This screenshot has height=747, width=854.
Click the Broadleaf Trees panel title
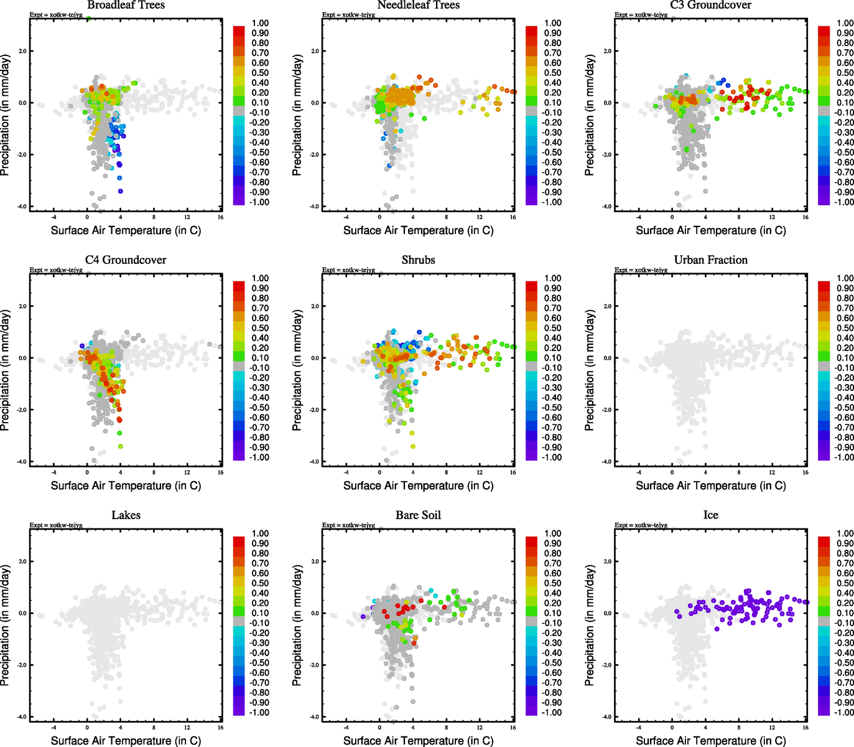(126, 5)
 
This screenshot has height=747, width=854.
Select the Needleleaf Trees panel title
(418, 5)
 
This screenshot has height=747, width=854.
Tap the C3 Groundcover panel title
(710, 5)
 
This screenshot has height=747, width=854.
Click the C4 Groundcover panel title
(126, 260)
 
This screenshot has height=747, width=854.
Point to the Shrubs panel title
(418, 260)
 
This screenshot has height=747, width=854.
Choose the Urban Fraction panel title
(710, 260)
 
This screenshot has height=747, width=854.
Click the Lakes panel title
(126, 515)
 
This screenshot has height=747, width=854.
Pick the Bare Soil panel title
(418, 515)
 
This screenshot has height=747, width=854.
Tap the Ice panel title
(710, 515)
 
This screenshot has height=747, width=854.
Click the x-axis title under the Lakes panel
(126, 741)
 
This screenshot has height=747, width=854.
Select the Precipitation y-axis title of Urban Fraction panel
(590, 370)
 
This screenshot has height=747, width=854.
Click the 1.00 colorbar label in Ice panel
(845, 533)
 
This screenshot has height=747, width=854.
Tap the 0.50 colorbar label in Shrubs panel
(552, 328)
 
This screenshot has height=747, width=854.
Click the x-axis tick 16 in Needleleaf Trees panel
(513, 217)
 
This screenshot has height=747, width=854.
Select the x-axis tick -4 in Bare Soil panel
(346, 728)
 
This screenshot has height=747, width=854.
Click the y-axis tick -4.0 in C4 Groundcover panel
(22, 462)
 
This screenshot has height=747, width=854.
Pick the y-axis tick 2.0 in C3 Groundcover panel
(607, 51)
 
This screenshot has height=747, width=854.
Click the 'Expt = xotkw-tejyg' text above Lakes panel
(56, 525)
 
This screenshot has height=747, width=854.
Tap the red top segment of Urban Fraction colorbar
(824, 286)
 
